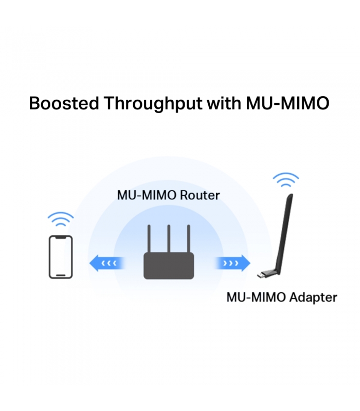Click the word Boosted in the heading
(x=64, y=103)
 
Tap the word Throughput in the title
(x=153, y=104)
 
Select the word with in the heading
(x=224, y=103)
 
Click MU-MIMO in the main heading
(x=287, y=103)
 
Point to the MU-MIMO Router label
(x=168, y=195)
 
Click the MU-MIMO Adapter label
(x=282, y=297)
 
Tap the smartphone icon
(x=61, y=257)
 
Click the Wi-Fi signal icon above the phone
(x=61, y=219)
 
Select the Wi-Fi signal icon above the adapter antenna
(x=286, y=180)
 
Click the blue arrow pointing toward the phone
(x=107, y=263)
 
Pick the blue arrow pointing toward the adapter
(x=233, y=263)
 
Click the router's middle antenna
(x=169, y=239)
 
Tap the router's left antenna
(x=149, y=239)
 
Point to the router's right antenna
(x=188, y=239)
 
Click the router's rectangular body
(x=169, y=266)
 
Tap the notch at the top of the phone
(x=61, y=237)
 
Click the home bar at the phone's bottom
(x=61, y=275)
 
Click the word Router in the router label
(x=200, y=195)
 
